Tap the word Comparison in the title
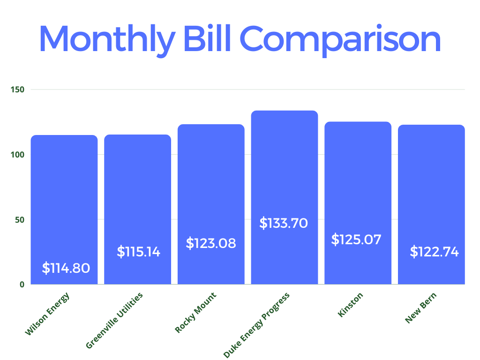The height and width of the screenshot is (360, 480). [x=341, y=40]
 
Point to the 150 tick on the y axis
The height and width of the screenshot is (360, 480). [x=19, y=89]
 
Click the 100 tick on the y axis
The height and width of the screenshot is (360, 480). [x=19, y=154]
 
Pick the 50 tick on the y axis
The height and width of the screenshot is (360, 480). [x=21, y=219]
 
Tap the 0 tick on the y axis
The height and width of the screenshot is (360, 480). [x=22, y=284]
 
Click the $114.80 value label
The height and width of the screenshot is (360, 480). [x=66, y=268]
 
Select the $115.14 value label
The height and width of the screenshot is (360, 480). [x=138, y=252]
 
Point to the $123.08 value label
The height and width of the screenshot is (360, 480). [x=211, y=243]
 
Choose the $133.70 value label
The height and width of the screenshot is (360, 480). [x=284, y=223]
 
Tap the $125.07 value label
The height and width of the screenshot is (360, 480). [x=356, y=240]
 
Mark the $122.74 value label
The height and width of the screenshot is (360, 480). [x=434, y=252]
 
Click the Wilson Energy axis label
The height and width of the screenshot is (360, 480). [x=47, y=314]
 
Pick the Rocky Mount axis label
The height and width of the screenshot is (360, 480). [x=196, y=312]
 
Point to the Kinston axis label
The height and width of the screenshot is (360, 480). [x=351, y=305]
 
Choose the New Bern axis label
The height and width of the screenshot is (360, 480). [x=421, y=307]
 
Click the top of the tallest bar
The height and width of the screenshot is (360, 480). [x=285, y=111]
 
